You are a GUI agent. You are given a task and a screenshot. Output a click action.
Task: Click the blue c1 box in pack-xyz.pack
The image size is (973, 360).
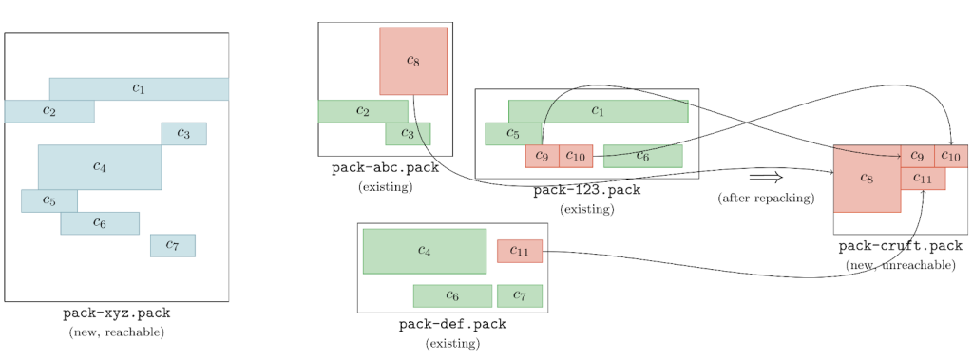click(x=139, y=88)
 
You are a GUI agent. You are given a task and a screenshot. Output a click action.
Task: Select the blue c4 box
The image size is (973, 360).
click(x=99, y=166)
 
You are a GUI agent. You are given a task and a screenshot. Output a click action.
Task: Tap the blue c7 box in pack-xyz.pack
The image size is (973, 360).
click(x=172, y=245)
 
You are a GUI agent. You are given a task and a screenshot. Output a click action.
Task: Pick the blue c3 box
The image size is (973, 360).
click(x=183, y=134)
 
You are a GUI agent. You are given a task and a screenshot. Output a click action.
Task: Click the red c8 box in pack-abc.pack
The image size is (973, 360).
click(x=412, y=61)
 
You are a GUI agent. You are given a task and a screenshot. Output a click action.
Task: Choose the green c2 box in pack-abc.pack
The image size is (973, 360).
click(x=362, y=111)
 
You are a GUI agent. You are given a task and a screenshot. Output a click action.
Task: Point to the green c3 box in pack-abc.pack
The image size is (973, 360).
click(x=408, y=134)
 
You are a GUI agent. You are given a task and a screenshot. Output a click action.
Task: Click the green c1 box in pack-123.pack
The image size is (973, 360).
click(x=598, y=111)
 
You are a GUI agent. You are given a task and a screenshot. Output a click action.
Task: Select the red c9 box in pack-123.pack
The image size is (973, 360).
click(x=542, y=156)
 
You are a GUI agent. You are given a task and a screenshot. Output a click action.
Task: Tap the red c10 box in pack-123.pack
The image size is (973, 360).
click(x=576, y=156)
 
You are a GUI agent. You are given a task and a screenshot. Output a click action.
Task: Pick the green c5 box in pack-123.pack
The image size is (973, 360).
click(x=511, y=133)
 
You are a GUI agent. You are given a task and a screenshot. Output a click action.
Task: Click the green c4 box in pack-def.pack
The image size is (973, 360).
click(x=424, y=251)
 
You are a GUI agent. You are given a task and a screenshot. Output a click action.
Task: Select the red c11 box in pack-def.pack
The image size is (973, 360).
click(x=519, y=251)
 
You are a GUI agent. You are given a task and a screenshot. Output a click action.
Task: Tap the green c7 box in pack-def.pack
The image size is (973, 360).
click(x=519, y=295)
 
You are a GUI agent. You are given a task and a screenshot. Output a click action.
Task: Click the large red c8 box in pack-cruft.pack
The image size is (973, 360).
click(x=866, y=179)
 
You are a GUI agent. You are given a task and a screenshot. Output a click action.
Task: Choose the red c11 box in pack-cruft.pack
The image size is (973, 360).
click(x=922, y=179)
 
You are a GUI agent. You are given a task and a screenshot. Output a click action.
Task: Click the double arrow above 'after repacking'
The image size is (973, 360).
click(x=765, y=178)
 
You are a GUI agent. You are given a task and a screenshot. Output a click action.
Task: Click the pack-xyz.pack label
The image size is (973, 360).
click(x=116, y=313)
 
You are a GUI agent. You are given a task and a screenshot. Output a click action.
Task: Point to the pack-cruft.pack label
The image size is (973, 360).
click(x=900, y=246)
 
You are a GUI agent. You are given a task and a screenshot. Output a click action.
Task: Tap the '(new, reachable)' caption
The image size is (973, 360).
click(x=116, y=332)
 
